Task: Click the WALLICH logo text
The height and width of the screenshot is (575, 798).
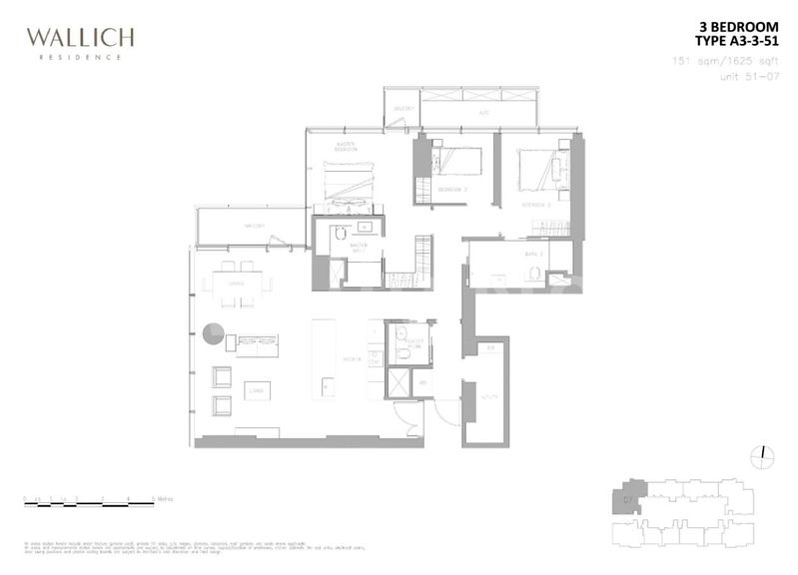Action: [x=80, y=39]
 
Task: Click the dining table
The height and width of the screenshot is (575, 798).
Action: [x=239, y=284]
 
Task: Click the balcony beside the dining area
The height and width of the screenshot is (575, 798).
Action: [x=250, y=227]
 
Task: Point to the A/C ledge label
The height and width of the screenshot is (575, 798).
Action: [x=483, y=113]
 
